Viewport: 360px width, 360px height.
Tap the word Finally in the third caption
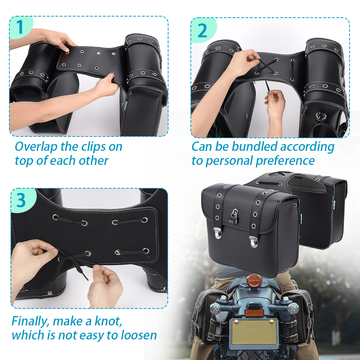31,321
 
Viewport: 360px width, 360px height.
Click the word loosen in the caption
139,335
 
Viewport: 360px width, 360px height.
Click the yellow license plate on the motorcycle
254,332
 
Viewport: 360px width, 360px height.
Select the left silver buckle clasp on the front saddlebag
218,233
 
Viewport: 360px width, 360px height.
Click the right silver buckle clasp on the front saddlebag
254,242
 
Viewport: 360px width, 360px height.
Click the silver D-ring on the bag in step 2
321,116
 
